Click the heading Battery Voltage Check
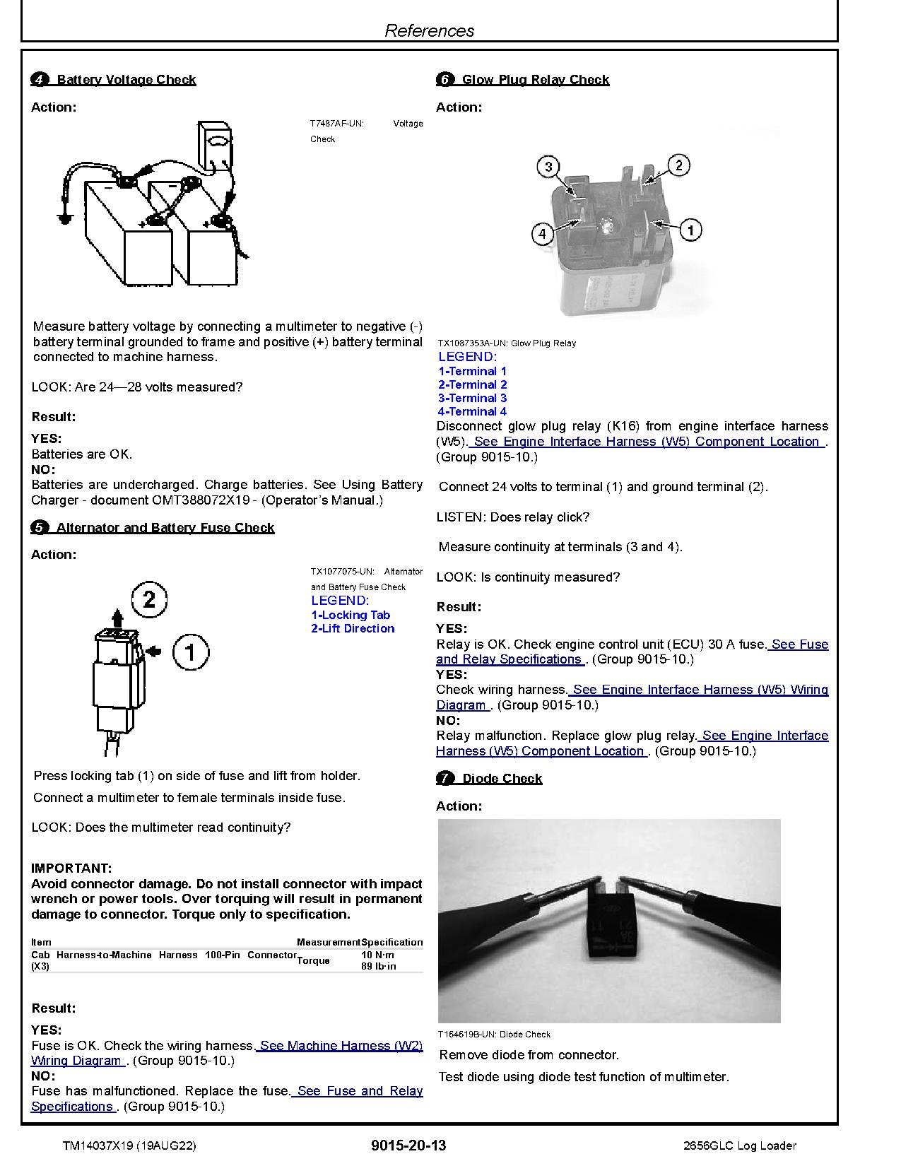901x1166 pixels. (x=125, y=80)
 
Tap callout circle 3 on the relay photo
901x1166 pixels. (x=548, y=167)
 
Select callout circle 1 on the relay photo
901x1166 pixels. (x=690, y=230)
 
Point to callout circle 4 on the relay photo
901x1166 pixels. (x=543, y=233)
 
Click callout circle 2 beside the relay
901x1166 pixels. (x=678, y=165)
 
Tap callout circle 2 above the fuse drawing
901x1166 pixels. (x=149, y=600)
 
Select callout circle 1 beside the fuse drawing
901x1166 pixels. (x=190, y=652)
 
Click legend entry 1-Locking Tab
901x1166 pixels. (x=351, y=615)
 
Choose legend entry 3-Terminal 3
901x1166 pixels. (x=472, y=398)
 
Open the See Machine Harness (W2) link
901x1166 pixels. (x=339, y=1045)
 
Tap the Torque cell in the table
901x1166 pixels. (x=313, y=960)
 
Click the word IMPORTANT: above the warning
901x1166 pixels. (x=71, y=868)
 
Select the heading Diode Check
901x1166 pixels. (x=502, y=779)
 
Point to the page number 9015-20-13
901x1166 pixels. (x=408, y=1146)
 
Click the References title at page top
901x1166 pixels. (x=429, y=30)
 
